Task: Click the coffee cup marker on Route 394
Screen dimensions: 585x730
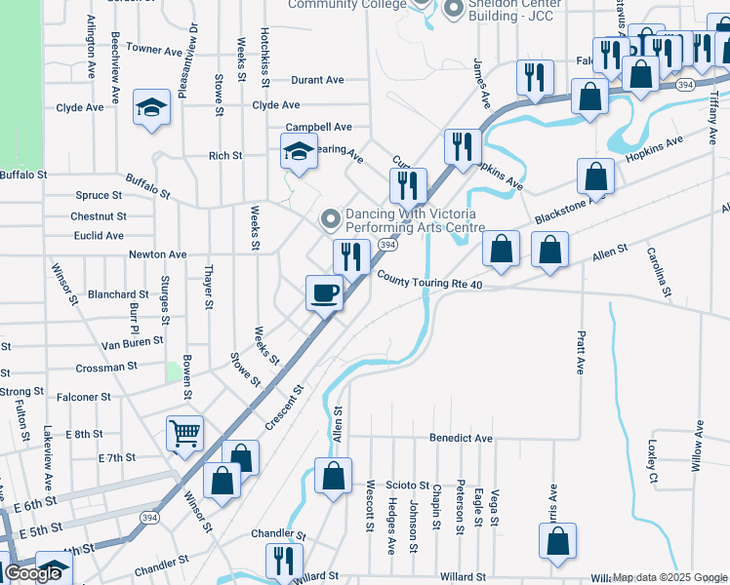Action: tap(325, 292)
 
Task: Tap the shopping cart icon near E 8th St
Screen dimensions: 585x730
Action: tap(185, 433)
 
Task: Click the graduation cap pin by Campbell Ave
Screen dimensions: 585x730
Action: tap(299, 151)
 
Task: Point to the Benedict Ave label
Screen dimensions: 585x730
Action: tap(461, 439)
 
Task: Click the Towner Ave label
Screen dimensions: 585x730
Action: tap(154, 48)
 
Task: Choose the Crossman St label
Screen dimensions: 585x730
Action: tap(107, 368)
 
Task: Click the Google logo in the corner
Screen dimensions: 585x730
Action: tap(32, 573)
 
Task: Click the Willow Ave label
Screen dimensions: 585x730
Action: tap(699, 446)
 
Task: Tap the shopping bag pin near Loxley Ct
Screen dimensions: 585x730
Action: tap(557, 543)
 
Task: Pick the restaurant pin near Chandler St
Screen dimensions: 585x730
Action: tap(285, 560)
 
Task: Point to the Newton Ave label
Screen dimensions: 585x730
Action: tap(157, 254)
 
